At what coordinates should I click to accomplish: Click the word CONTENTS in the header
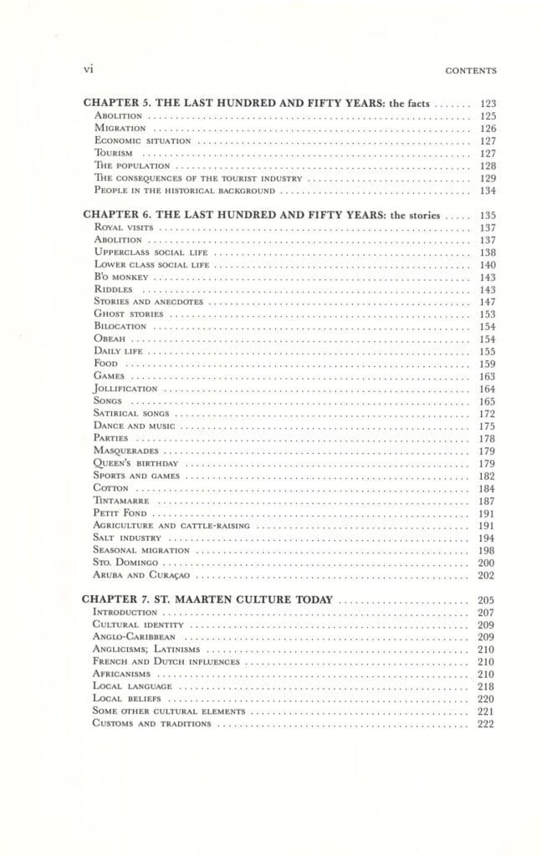[x=472, y=72]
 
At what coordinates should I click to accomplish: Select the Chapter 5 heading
[x=256, y=104]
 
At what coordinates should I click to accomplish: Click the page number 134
[x=488, y=191]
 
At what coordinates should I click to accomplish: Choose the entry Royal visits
[x=122, y=227]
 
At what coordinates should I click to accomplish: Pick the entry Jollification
[x=125, y=389]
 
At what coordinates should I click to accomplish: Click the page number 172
[x=488, y=413]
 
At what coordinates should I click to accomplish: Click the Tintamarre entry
[x=122, y=500]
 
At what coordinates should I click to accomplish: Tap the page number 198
[x=488, y=550]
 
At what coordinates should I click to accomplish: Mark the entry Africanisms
[x=122, y=674]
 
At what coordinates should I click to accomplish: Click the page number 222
[x=488, y=723]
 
